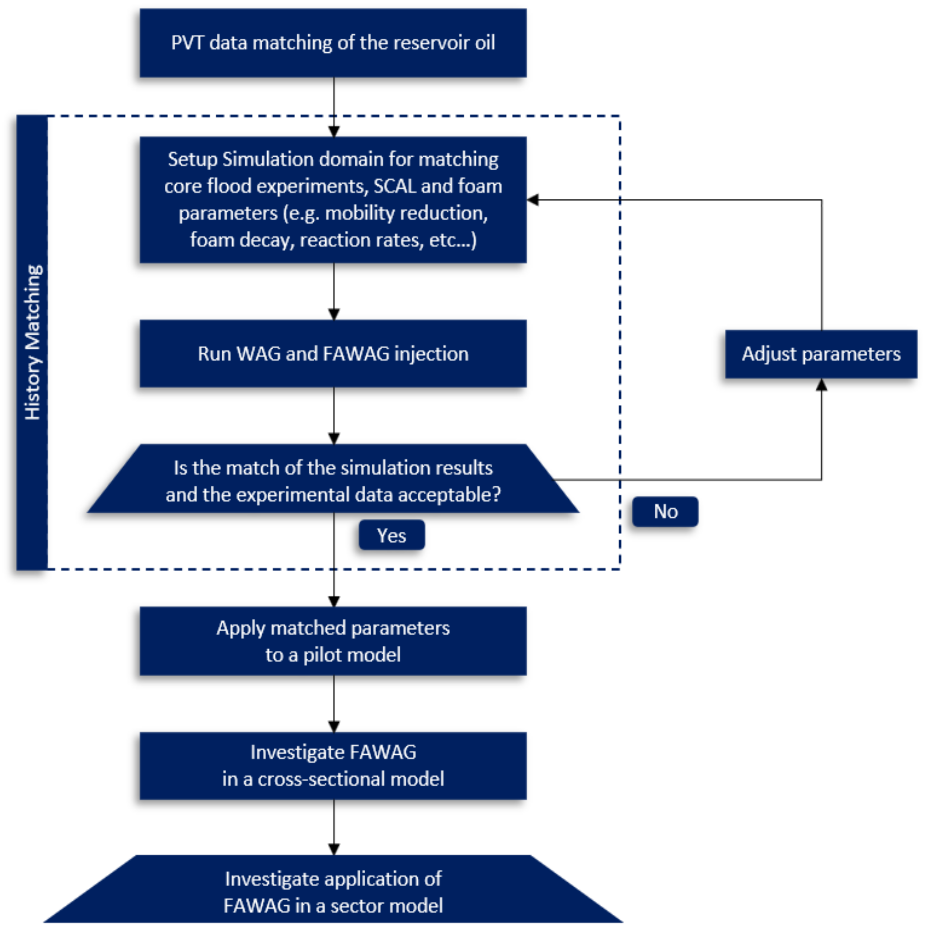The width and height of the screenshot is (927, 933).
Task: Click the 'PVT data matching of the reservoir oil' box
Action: [x=333, y=43]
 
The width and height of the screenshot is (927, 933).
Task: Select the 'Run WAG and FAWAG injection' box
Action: [x=333, y=354]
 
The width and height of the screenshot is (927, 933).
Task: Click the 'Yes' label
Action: [x=391, y=535]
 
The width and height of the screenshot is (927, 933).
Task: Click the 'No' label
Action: [x=665, y=511]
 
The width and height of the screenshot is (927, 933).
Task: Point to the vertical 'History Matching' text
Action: [x=32, y=342]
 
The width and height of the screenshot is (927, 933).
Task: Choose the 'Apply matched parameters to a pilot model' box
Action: [x=333, y=641]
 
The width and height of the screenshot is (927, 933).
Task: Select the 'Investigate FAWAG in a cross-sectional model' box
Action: [x=333, y=766]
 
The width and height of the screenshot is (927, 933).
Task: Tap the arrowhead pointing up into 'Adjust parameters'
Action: [x=821, y=385]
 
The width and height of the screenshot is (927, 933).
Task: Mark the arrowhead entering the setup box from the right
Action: [x=533, y=199]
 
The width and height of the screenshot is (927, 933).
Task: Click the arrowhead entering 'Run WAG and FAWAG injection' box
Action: [x=334, y=314]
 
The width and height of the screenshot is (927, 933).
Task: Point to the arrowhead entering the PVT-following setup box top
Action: [x=334, y=131]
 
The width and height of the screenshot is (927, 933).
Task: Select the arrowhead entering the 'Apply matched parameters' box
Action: [x=334, y=601]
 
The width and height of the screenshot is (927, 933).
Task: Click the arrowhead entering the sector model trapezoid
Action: [x=334, y=849]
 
